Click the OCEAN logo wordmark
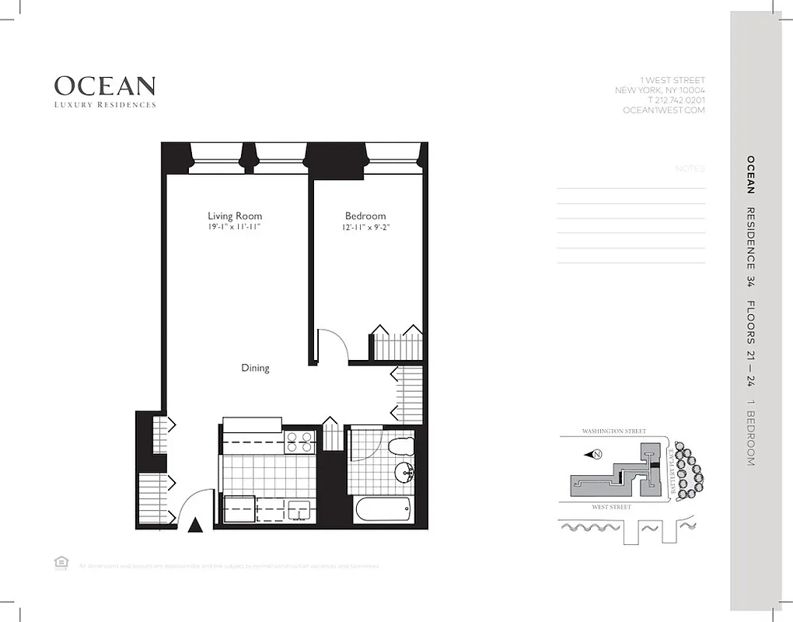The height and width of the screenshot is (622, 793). (104, 86)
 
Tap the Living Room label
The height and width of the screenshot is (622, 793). (235, 216)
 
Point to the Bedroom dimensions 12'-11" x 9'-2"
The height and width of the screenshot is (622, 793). (365, 227)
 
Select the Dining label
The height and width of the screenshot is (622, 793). (255, 369)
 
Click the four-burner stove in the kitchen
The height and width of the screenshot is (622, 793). (299, 442)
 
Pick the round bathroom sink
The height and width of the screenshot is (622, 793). (404, 473)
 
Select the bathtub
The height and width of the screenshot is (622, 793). (382, 511)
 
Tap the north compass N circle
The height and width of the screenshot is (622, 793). (597, 454)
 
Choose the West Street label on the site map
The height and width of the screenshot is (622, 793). (611, 507)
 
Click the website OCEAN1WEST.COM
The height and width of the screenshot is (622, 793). (664, 110)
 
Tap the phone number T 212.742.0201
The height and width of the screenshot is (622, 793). (676, 100)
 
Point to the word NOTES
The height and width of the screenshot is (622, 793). (690, 169)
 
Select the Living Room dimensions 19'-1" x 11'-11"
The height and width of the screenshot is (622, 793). (234, 227)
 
